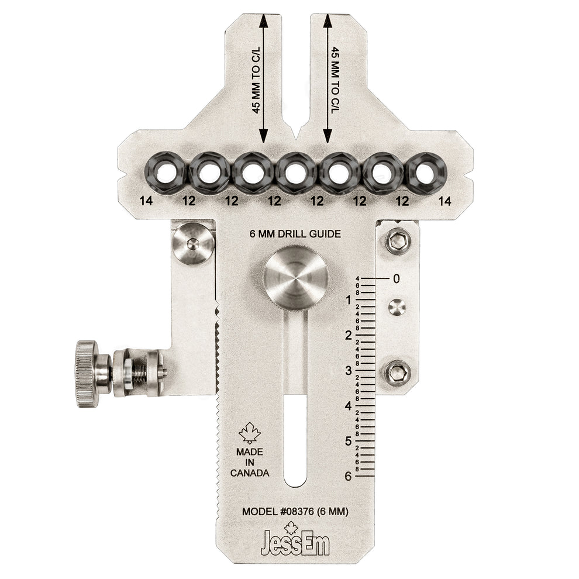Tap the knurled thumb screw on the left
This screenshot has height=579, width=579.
pyautogui.click(x=87, y=374)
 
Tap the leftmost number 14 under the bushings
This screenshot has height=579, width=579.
pyautogui.click(x=147, y=201)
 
